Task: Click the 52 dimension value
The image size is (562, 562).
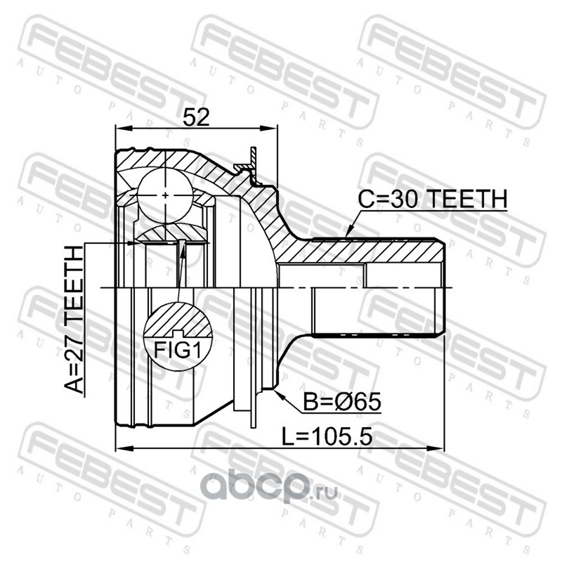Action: coord(196,117)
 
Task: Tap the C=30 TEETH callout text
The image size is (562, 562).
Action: coord(433,199)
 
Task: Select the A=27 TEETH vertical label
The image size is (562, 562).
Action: coord(74,320)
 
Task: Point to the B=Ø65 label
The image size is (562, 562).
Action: coord(341,402)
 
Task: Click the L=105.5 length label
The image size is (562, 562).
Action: coord(327,436)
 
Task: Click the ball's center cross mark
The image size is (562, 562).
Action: coord(165,195)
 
